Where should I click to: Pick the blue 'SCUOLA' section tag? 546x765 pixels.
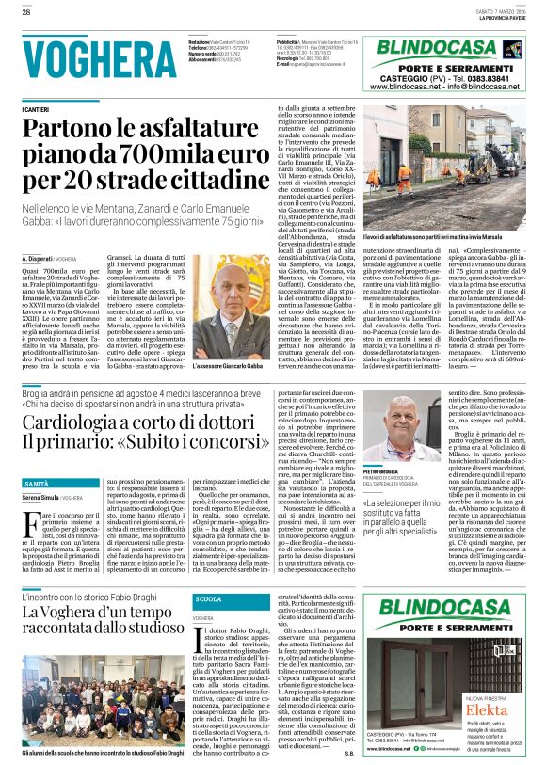207,572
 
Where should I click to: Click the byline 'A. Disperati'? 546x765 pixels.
40,257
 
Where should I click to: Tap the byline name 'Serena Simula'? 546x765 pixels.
43,497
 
